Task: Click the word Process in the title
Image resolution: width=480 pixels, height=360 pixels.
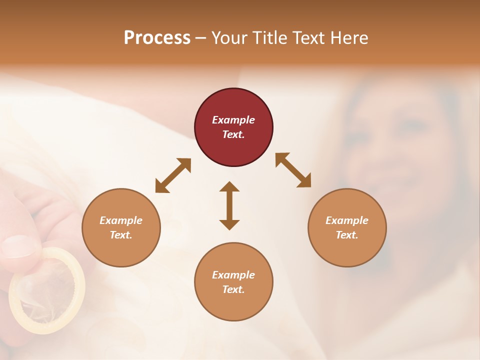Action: pyautogui.click(x=157, y=38)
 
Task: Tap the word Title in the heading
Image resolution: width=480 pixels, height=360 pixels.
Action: pyautogui.click(x=270, y=38)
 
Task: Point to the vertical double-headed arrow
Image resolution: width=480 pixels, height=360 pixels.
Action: pyautogui.click(x=229, y=205)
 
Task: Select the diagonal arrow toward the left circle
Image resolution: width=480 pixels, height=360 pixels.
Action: pyautogui.click(x=173, y=175)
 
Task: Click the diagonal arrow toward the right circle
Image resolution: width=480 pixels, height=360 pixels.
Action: pyautogui.click(x=293, y=170)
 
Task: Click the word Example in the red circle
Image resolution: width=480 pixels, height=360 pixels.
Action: pyautogui.click(x=233, y=120)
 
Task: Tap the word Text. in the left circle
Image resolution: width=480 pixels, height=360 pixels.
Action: pyautogui.click(x=121, y=235)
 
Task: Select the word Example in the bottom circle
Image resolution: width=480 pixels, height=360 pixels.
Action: pyautogui.click(x=233, y=275)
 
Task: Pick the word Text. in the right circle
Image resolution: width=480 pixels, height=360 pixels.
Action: pyautogui.click(x=347, y=235)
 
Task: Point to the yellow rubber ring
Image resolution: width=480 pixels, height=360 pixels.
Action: pyautogui.click(x=47, y=290)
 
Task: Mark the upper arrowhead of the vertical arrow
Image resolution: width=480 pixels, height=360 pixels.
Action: pyautogui.click(x=229, y=187)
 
